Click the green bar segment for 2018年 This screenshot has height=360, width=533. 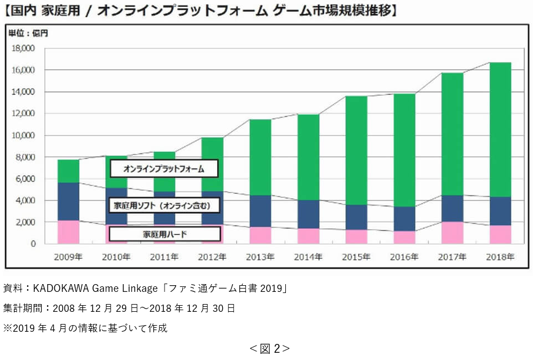[500, 130]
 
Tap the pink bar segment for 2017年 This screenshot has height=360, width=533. [453, 233]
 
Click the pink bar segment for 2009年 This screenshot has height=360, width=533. [69, 232]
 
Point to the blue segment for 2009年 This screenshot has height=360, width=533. [69, 202]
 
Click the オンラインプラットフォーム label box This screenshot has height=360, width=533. [164, 168]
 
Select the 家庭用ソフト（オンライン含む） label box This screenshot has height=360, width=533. [164, 206]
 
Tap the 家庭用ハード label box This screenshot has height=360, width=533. [164, 234]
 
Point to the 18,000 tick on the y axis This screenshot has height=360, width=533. [23, 48]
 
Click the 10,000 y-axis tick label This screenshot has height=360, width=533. [23, 135]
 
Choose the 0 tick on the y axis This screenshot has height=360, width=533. [33, 244]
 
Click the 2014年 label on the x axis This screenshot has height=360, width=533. [309, 257]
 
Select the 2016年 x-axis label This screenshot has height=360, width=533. [404, 257]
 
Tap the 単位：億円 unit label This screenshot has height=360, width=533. [28, 33]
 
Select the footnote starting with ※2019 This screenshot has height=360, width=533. [85, 328]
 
